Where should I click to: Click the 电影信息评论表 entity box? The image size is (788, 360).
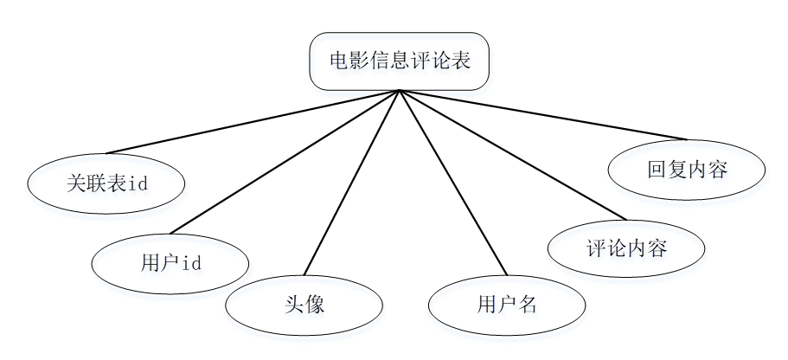[399, 61]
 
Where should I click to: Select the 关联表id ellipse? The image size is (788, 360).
[106, 183]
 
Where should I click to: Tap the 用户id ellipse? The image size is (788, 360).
[170, 264]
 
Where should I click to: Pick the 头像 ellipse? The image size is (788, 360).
[304, 305]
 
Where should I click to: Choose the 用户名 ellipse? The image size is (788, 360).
[507, 305]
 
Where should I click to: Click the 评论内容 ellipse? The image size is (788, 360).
[626, 248]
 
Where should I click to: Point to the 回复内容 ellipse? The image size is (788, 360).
[687, 170]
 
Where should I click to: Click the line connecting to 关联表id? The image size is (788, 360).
[253, 122]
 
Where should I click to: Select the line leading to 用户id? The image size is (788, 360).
[285, 162]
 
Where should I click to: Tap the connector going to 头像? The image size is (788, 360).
[352, 183]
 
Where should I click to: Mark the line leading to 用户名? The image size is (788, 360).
[453, 183]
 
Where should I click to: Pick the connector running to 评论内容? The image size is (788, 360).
[513, 155]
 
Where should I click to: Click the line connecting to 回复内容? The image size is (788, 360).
[542, 114]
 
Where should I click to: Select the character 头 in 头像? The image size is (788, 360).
[294, 305]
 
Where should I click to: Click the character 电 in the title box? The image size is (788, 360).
[339, 61]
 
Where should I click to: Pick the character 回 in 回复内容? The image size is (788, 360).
[657, 170]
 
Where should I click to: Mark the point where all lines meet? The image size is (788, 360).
[400, 91]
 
